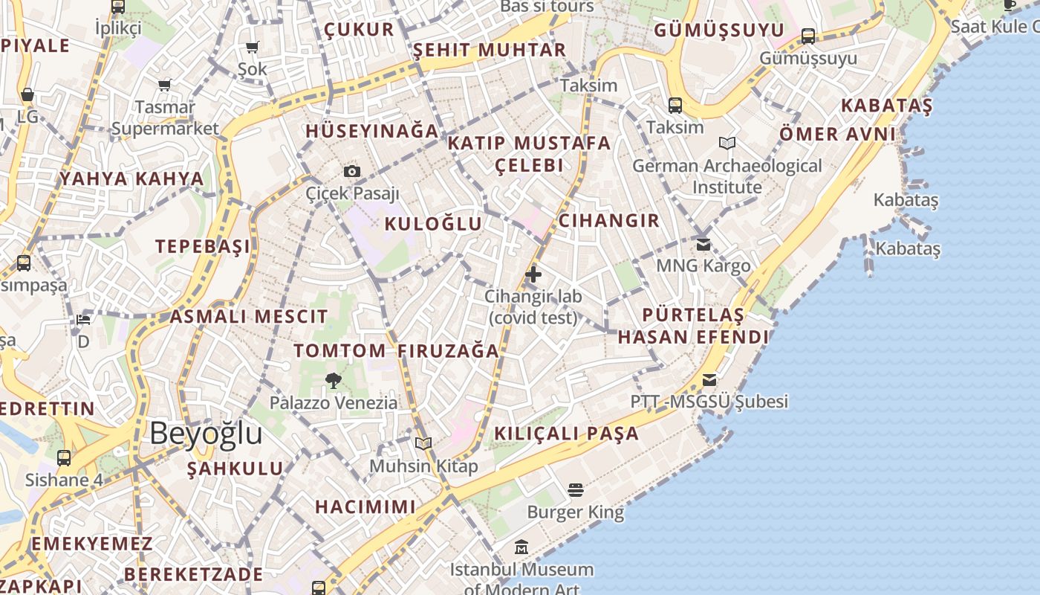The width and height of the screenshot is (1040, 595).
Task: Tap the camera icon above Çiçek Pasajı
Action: [352, 172]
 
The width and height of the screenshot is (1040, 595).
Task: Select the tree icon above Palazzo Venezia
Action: [334, 381]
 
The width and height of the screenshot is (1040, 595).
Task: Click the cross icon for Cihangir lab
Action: [533, 274]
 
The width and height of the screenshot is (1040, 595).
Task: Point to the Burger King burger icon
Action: [575, 490]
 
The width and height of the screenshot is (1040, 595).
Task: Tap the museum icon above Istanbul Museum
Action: [521, 547]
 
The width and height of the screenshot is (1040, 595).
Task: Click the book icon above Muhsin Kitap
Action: [423, 444]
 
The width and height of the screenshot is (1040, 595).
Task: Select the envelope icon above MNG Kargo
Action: [703, 244]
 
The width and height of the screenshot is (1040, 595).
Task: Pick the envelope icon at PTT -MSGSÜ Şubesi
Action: [709, 380]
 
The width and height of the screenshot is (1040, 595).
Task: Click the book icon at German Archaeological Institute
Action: [727, 144]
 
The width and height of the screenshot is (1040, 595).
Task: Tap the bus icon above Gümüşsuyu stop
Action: [808, 36]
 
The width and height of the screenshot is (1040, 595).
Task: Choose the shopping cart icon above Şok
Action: [252, 48]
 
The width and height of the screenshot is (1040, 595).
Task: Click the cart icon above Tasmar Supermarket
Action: [164, 85]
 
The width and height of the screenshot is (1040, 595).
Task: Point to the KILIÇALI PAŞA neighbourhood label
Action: [566, 434]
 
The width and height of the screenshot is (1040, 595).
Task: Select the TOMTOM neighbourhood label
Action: [339, 350]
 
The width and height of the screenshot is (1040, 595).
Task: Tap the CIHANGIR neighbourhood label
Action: [608, 220]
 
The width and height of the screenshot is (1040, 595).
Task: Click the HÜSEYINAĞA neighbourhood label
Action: [372, 131]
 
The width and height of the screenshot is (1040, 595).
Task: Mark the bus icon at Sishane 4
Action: [64, 457]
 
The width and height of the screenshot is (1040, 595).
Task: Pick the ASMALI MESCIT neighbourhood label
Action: [248, 316]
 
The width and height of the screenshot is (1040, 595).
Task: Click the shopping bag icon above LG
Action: [27, 95]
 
